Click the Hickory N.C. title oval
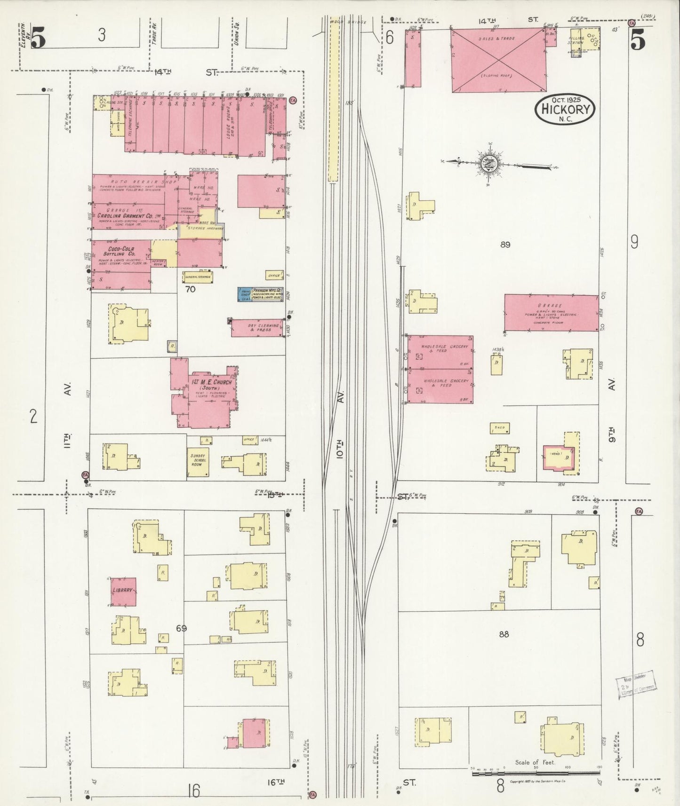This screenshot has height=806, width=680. (x=565, y=109)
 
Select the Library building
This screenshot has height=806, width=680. (x=123, y=591)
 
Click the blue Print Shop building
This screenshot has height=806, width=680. (x=245, y=294)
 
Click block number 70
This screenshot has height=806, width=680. (x=190, y=289)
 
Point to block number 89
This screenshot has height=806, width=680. (x=505, y=245)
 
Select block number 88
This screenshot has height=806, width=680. (x=504, y=634)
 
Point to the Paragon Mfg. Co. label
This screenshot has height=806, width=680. (x=267, y=292)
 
